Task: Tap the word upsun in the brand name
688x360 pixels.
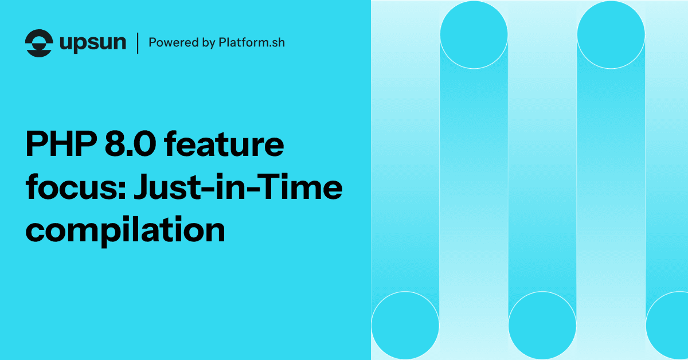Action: (93, 44)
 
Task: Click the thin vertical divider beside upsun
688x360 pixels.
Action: (138, 43)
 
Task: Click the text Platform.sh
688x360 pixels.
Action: (252, 43)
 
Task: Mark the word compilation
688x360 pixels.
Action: (125, 229)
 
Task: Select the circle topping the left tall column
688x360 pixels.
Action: (474, 34)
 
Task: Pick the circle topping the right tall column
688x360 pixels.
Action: (611, 34)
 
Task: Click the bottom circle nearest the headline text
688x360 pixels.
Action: (405, 325)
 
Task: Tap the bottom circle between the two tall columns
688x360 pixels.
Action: (542, 325)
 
